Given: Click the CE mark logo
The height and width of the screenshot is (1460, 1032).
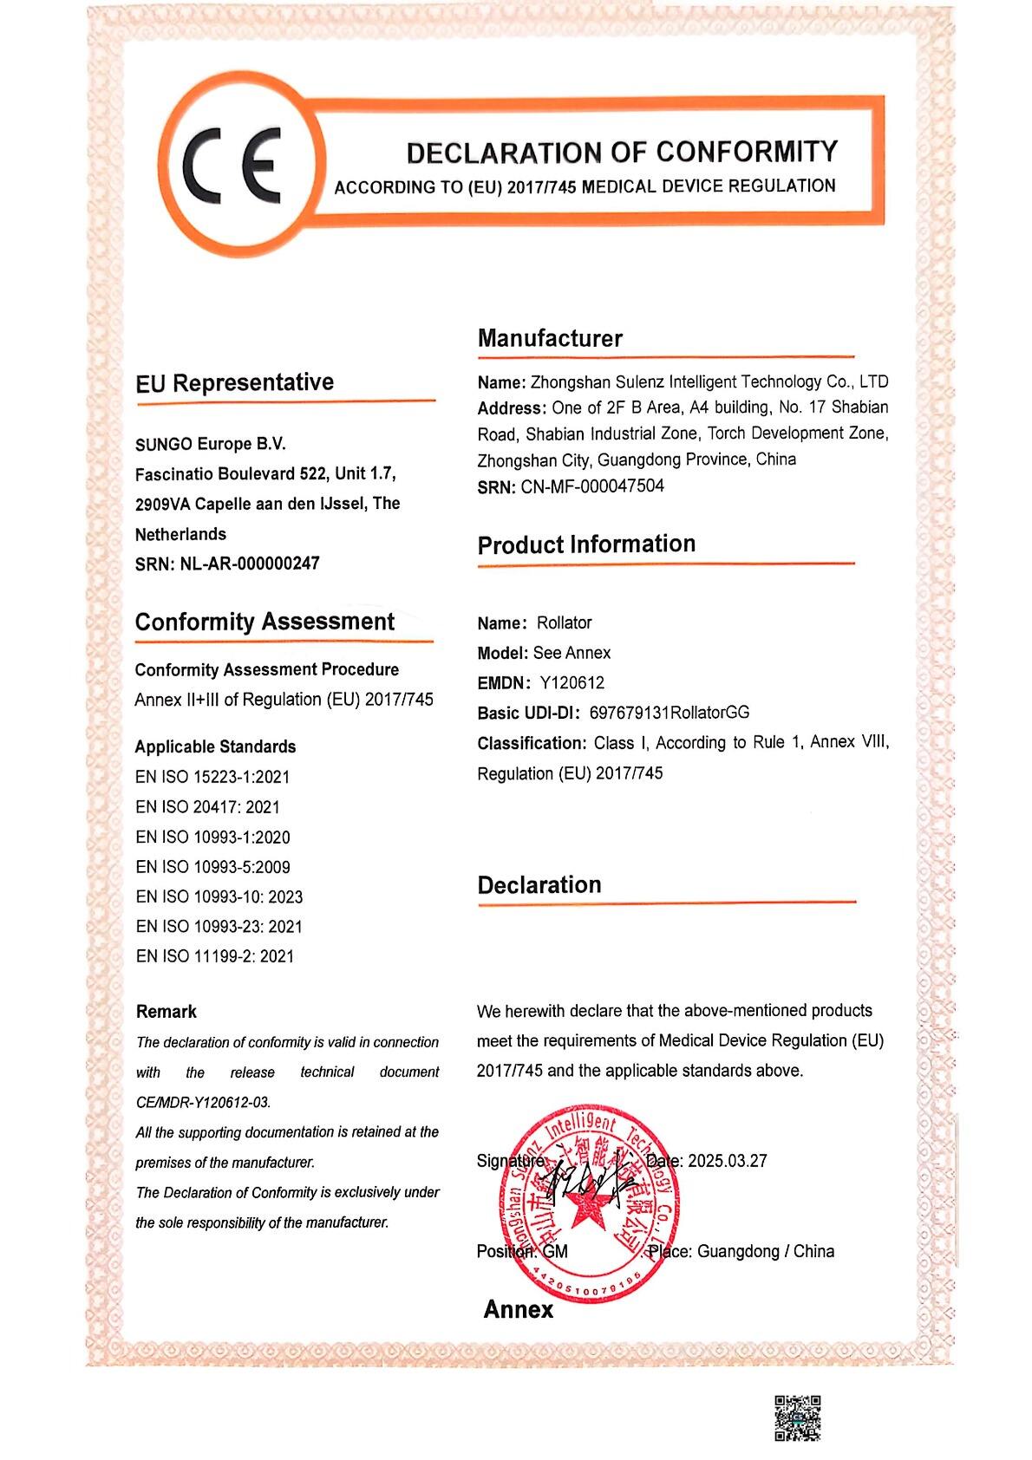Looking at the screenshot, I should point(235,164).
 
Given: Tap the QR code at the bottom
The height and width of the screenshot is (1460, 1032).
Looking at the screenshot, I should point(796,1418).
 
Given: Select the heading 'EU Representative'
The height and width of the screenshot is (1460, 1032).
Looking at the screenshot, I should point(234,382).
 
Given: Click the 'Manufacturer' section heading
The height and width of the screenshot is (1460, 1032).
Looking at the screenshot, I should point(550,338).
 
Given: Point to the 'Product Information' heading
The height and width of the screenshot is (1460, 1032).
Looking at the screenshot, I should point(586,544).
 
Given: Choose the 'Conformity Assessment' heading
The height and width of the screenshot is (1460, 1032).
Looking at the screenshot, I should point(265,622).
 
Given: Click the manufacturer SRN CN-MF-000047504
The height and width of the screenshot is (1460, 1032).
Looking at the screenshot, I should point(592,486).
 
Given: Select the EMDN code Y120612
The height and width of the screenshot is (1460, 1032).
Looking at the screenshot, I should point(572,682).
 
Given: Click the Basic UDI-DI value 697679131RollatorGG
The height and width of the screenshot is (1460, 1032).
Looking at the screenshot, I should point(669,713).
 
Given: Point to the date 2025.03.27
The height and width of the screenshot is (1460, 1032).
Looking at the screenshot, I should point(727,1161).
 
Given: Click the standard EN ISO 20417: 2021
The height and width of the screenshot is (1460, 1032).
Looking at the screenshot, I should point(207,807).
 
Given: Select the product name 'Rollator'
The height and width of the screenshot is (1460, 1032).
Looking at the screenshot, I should point(564,622).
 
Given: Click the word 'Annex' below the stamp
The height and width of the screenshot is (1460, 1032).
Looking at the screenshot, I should point(518,1309).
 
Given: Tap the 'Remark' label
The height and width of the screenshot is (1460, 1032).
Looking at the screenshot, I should point(166,1012).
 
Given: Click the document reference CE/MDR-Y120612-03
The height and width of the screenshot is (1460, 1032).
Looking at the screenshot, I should point(203,1103).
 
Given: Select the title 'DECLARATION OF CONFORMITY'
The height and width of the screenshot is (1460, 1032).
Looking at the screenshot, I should point(622,153).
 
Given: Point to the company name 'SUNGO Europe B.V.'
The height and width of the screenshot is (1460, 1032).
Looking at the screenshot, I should point(210,444).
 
